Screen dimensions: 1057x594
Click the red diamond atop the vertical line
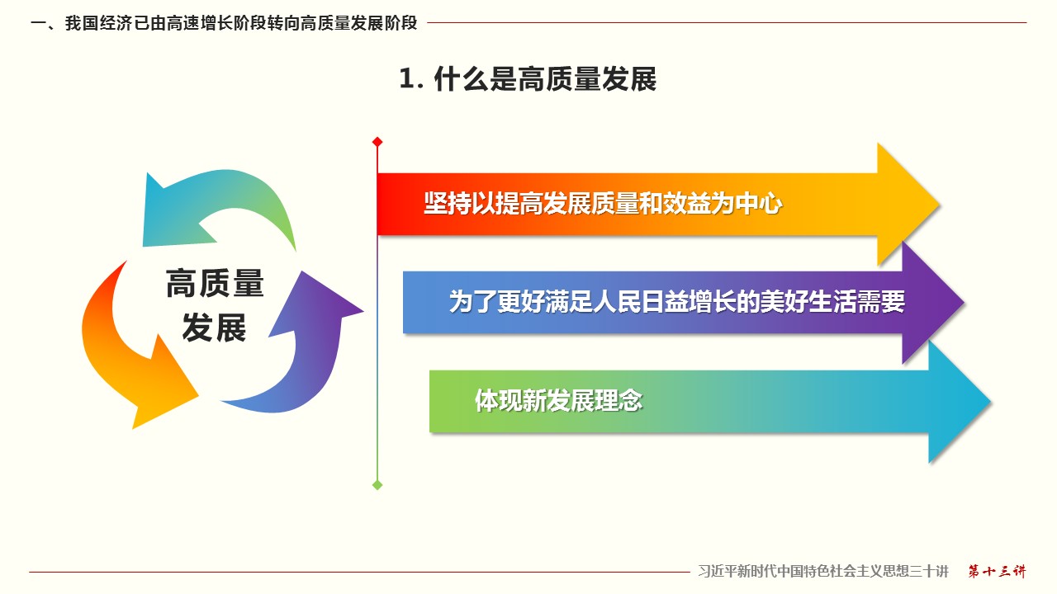pos(377,142)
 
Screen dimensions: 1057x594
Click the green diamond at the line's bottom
pos(377,485)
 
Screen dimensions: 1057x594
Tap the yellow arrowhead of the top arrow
pos(908,205)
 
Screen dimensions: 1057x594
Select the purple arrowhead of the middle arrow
pos(932,303)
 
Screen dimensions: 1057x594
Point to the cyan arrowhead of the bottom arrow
pos(959,402)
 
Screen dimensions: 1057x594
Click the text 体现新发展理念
pos(559,401)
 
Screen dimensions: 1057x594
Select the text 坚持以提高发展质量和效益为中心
pos(603,204)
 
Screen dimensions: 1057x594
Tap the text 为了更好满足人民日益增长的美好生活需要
pos(677,302)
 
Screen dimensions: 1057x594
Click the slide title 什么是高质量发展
pos(545,78)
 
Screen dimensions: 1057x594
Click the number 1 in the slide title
pos(407,78)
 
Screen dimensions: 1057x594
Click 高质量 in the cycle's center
pos(215,283)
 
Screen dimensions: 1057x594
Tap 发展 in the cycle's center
pos(214,328)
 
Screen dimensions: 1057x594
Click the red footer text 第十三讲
pos(997,572)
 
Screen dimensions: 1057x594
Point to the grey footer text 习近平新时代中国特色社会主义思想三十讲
pos(823,572)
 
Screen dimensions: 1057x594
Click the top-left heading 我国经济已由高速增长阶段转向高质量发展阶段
pos(241,23)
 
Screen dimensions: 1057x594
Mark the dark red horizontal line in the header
pos(727,22)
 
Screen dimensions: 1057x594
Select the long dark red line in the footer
pos(359,573)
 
